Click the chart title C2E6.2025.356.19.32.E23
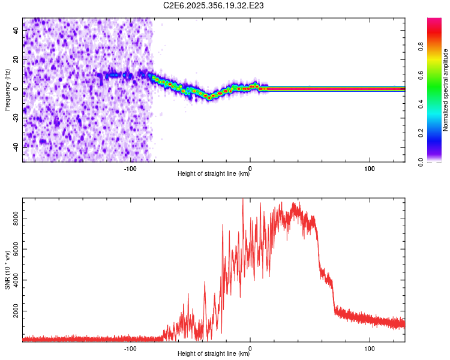point(214,5)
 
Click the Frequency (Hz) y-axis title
point(7,90)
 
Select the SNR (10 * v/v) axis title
point(7,270)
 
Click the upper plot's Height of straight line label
point(214,173)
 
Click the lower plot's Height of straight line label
point(214,353)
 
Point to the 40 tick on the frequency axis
point(16,31)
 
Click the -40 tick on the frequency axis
point(14,147)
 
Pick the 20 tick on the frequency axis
point(16,59)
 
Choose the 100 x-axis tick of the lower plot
point(370,348)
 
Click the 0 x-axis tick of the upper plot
point(250,168)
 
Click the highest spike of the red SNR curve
point(242,200)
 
